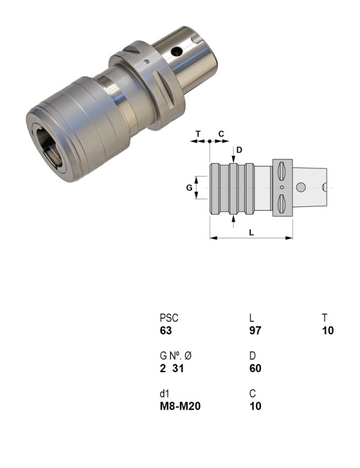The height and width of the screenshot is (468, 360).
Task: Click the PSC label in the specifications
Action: (169, 318)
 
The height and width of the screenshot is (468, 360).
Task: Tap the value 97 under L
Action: (255, 331)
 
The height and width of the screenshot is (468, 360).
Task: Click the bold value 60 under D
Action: (255, 368)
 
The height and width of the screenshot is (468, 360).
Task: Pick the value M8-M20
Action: (180, 406)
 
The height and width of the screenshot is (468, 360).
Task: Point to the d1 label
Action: (165, 394)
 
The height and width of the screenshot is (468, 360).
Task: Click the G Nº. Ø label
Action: (176, 356)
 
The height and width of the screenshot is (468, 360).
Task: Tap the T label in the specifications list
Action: (324, 318)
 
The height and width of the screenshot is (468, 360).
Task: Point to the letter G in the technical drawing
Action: (189, 188)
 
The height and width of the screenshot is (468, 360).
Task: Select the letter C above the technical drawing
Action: (221, 133)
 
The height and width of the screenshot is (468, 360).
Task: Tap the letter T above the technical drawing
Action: (198, 133)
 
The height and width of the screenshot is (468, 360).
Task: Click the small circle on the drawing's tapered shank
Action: (302, 188)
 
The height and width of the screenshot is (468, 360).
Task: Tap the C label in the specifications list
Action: (253, 394)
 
